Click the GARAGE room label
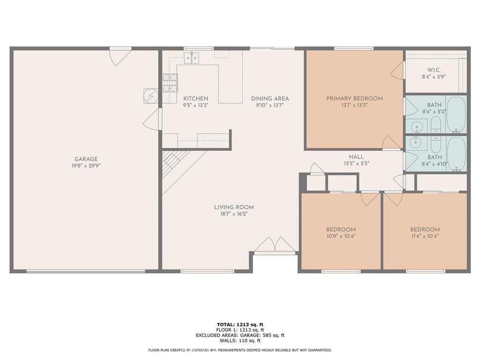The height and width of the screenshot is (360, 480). (86, 159)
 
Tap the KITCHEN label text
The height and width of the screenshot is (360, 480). (195, 98)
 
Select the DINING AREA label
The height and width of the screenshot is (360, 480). (270, 98)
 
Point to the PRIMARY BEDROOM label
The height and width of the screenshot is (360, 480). (354, 98)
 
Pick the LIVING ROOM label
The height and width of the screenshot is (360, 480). (234, 207)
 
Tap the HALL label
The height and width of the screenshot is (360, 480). (356, 157)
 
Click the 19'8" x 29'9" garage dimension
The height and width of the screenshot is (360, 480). (86, 165)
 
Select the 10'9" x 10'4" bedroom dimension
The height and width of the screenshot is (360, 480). (341, 236)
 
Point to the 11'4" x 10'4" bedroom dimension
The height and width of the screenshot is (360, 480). (425, 236)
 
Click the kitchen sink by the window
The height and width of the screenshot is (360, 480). (192, 58)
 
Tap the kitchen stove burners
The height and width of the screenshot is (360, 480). (170, 83)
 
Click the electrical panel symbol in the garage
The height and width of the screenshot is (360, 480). (150, 96)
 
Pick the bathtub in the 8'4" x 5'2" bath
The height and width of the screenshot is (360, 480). (456, 114)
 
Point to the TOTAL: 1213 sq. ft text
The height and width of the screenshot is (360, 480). (240, 324)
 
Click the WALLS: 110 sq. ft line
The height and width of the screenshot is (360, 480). (240, 341)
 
